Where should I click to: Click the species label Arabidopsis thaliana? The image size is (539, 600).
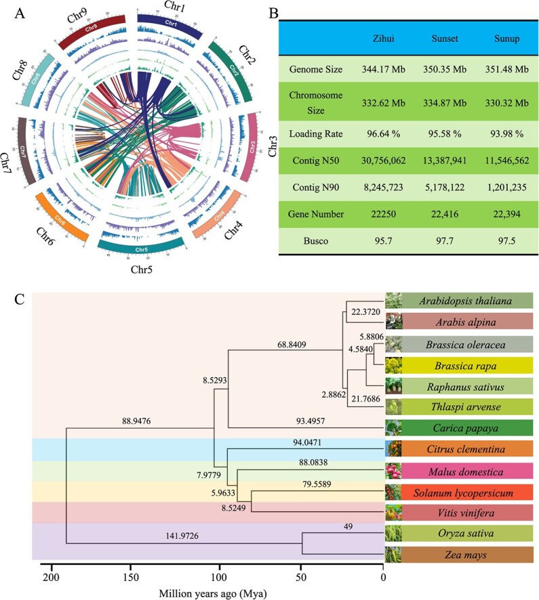pos(464,301)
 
